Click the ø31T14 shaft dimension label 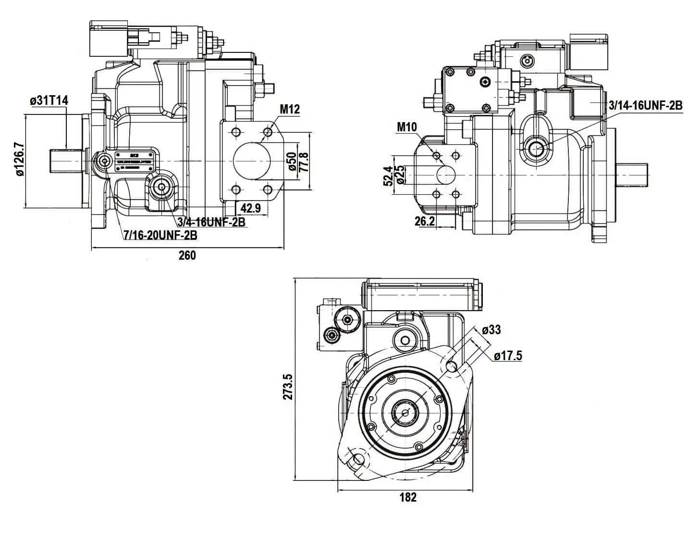point(49,101)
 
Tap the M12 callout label point(290,110)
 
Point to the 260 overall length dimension point(187,255)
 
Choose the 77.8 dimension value point(304,162)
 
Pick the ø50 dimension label point(291,162)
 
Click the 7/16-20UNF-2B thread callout point(160,235)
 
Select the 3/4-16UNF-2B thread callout point(211,222)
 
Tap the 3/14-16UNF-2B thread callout point(645,105)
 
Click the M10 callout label point(407,127)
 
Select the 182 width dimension point(407,498)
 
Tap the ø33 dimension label point(491,329)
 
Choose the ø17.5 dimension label point(507,356)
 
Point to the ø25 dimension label point(399,175)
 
